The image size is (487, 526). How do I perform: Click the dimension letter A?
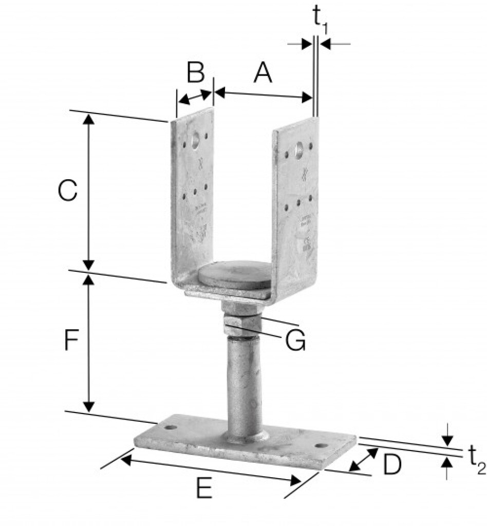pos(263,73)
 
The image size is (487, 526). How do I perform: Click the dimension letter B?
pos(195,73)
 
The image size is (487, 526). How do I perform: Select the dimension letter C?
pos(67,191)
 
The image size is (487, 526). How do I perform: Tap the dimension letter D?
pos(391,465)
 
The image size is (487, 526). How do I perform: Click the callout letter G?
pos(295,341)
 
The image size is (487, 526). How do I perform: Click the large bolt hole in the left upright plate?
pos(195,141)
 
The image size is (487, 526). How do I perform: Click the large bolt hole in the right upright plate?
pos(298,150)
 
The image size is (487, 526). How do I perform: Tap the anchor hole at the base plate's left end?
pos(170,427)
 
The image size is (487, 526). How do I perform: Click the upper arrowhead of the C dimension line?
pos(89,118)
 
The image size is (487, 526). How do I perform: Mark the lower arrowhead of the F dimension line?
pos(89,407)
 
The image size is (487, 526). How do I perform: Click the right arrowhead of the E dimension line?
pos(296,481)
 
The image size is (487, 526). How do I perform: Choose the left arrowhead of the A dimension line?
pos(219,92)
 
